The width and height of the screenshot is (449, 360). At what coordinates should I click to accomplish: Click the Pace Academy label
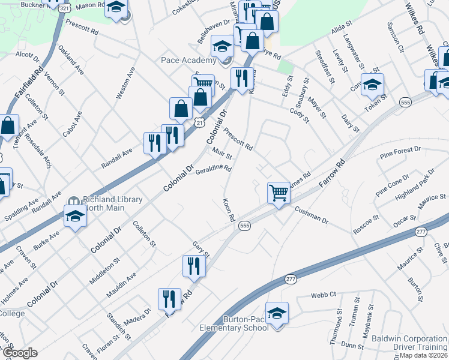pos(188,60)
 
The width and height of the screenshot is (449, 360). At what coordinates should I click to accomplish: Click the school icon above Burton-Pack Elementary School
pos(277,314)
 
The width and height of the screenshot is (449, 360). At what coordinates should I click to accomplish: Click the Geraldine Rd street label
pos(213,170)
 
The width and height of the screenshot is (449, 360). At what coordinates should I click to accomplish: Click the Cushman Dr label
pos(312,216)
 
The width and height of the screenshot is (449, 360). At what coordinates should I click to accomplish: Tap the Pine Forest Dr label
pos(400,152)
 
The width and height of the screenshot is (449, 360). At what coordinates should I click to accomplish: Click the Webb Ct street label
pos(324,295)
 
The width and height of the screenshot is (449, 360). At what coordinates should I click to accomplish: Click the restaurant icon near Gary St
pos(194,265)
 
